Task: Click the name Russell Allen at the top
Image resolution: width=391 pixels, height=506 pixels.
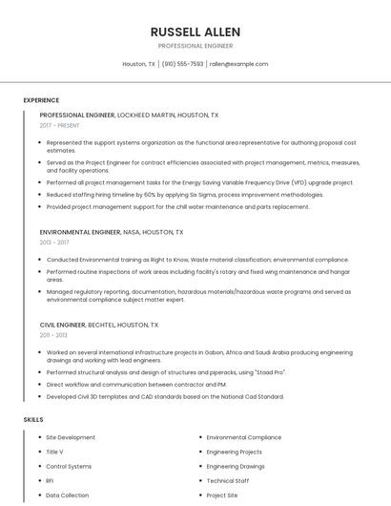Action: click(195, 32)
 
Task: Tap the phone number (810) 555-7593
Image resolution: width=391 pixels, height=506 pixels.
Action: click(182, 64)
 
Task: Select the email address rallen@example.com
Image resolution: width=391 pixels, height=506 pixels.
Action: click(239, 64)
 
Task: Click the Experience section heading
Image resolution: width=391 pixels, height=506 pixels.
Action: click(41, 100)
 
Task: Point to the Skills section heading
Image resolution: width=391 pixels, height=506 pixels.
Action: click(33, 419)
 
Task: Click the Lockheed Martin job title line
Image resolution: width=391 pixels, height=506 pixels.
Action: click(129, 115)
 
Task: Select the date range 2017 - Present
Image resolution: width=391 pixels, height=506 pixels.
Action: click(60, 126)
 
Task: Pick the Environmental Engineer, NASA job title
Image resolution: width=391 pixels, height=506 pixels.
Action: click(112, 232)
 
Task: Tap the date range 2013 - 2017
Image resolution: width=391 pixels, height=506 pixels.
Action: click(54, 243)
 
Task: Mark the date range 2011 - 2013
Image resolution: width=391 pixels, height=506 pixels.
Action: click(53, 335)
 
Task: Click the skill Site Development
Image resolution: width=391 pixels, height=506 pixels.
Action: click(71, 437)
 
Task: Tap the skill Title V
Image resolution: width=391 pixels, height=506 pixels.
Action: click(54, 452)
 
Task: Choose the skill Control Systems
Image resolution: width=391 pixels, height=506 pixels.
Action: click(69, 466)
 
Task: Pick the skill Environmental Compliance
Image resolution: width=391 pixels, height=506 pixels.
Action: click(244, 437)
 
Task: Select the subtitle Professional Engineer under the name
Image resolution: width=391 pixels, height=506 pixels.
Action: click(195, 45)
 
